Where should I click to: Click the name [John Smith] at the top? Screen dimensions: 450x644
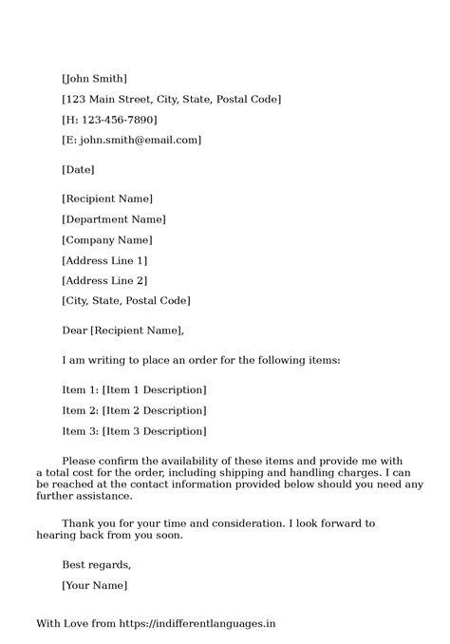click(x=94, y=78)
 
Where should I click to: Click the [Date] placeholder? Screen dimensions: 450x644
click(x=78, y=169)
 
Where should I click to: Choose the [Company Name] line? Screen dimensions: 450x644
click(x=106, y=239)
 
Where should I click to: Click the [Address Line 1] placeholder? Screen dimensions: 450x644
click(x=104, y=259)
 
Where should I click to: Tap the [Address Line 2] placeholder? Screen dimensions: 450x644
click(x=104, y=280)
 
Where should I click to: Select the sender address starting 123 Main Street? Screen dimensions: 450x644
click(x=171, y=99)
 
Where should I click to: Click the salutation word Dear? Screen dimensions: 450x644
click(x=74, y=331)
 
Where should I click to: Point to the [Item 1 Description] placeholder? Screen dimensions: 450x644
click(x=153, y=389)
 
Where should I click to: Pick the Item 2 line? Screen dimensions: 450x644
click(x=134, y=410)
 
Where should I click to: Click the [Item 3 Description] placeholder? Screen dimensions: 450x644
click(x=153, y=431)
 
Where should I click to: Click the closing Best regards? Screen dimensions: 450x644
click(x=96, y=564)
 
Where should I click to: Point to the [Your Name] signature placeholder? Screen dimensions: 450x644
click(x=94, y=585)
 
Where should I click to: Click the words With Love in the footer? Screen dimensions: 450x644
click(x=62, y=624)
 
